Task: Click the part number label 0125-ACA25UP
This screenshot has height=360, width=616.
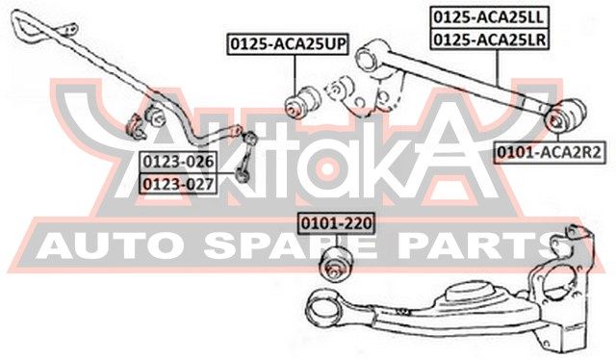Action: pyautogui.click(x=288, y=44)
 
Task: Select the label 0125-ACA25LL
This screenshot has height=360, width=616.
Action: pyautogui.click(x=490, y=17)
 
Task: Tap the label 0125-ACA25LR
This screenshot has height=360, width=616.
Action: pyautogui.click(x=490, y=39)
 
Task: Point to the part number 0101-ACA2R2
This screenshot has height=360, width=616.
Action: pyautogui.click(x=550, y=152)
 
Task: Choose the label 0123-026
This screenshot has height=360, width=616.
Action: pyautogui.click(x=178, y=162)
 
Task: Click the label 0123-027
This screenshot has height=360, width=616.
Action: pyautogui.click(x=178, y=184)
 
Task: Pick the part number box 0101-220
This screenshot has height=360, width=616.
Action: pyautogui.click(x=336, y=223)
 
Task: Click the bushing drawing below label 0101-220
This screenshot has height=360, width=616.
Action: pyautogui.click(x=336, y=263)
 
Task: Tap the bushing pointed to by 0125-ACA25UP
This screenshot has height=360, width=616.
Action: pyautogui.click(x=302, y=102)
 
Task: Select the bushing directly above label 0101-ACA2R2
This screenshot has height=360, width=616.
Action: pyautogui.click(x=567, y=116)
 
